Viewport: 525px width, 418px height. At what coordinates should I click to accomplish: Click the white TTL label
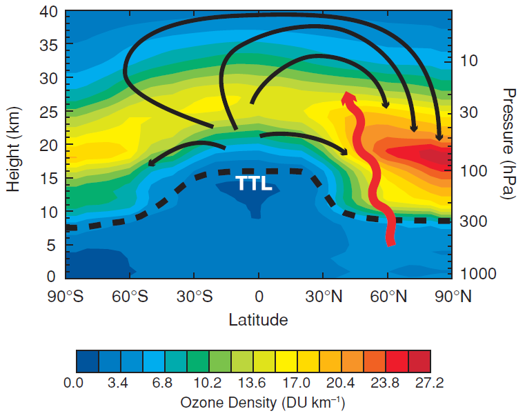click(x=255, y=183)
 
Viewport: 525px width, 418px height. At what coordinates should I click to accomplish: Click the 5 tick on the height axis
click(x=52, y=244)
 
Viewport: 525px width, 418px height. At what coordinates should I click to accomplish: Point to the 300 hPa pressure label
click(x=475, y=222)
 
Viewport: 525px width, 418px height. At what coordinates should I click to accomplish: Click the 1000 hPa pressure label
click(x=479, y=274)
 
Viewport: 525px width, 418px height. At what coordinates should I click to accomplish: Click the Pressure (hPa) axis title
click(x=509, y=143)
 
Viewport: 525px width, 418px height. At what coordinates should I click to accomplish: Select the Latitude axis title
click(x=258, y=319)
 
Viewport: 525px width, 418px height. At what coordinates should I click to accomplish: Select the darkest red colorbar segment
click(x=419, y=360)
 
